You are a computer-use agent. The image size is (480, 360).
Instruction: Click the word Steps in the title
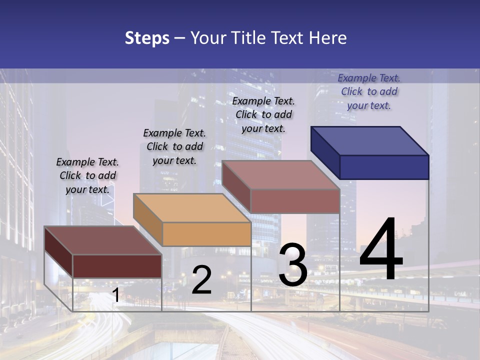point(147,38)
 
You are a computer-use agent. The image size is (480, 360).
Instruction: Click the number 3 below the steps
point(292,265)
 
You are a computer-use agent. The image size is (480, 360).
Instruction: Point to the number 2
point(201,280)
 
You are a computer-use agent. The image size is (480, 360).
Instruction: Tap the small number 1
point(115,295)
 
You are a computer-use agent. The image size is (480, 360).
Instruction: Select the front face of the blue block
point(384,167)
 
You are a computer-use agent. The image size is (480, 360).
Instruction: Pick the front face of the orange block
point(206,234)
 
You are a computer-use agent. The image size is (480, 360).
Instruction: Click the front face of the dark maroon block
point(117,266)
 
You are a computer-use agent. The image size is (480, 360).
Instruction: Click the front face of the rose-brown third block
point(295,201)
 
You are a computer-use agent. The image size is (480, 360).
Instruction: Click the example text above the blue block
point(369,91)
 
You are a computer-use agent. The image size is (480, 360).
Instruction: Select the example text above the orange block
point(174,146)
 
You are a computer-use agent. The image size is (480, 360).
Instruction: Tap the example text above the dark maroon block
point(87,175)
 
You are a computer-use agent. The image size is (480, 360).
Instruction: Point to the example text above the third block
point(263,114)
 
